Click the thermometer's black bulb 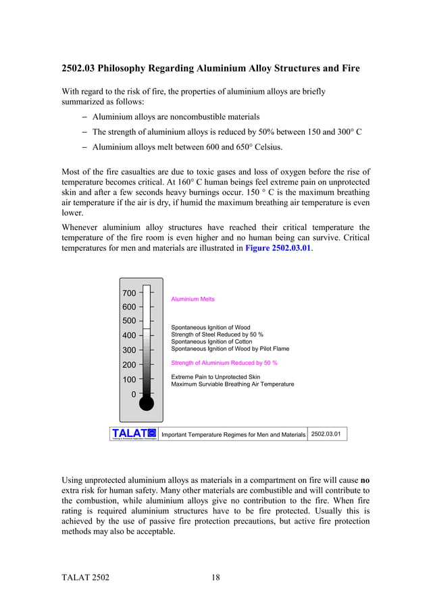pyautogui.click(x=147, y=403)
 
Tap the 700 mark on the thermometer pyautogui.click(x=128, y=293)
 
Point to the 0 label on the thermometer pyautogui.click(x=133, y=394)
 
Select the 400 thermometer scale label pyautogui.click(x=128, y=335)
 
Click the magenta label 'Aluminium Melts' pyautogui.click(x=193, y=299)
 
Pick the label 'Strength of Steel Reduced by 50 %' pyautogui.click(x=217, y=335)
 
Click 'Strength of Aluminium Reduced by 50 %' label pyautogui.click(x=224, y=363)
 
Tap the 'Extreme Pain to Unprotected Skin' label pyautogui.click(x=215, y=377)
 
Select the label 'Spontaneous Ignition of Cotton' pyautogui.click(x=211, y=342)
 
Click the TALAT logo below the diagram pyautogui.click(x=134, y=433)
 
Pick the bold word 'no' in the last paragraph pyautogui.click(x=365, y=480)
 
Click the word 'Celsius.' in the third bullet pyautogui.click(x=283, y=147)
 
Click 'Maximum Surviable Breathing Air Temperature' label pyautogui.click(x=232, y=384)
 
